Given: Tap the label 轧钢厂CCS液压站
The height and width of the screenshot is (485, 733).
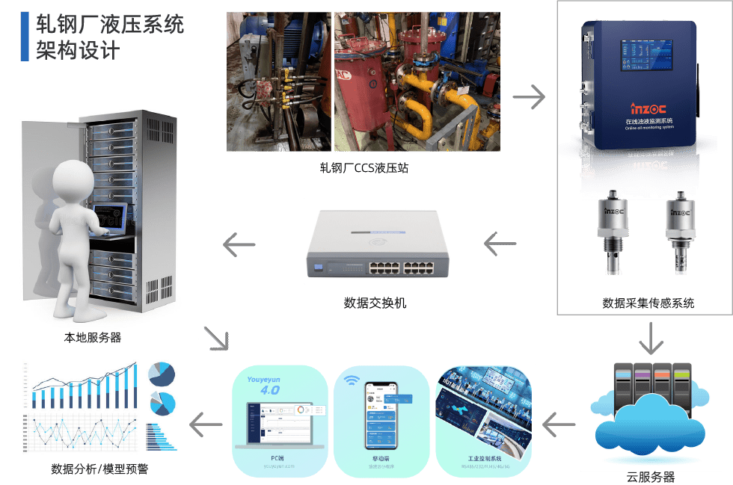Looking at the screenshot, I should click(x=364, y=168).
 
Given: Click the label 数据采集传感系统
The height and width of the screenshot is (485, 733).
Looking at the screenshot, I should click(x=648, y=303).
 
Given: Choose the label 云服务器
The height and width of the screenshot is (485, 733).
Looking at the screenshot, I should click(x=650, y=476).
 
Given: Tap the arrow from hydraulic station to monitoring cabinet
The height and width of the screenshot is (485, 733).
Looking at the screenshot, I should click(x=529, y=96).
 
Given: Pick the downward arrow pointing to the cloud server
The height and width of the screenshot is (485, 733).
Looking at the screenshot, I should click(x=651, y=342).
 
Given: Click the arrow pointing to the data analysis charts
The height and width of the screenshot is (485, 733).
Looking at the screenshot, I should click(x=206, y=424).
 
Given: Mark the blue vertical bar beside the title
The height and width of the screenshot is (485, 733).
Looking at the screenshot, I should click(x=25, y=37).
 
